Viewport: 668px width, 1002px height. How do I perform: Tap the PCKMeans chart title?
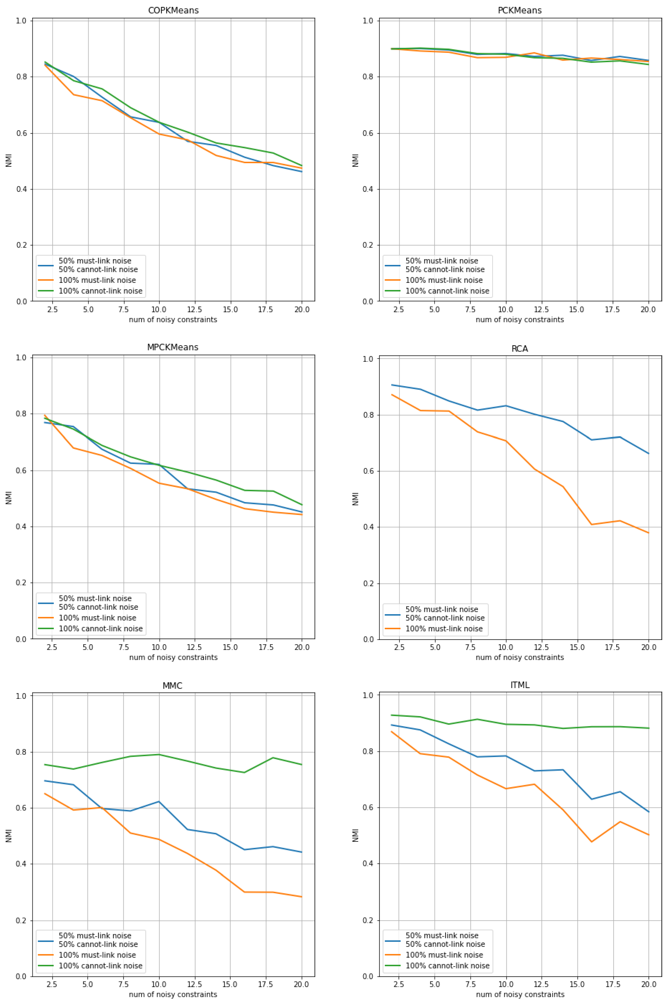520,10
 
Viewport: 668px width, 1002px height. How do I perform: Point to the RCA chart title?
520,349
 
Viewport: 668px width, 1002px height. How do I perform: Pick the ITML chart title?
520,685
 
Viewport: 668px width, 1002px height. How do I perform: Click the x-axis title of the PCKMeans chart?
520,320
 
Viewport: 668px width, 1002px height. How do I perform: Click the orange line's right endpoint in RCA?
648,533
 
